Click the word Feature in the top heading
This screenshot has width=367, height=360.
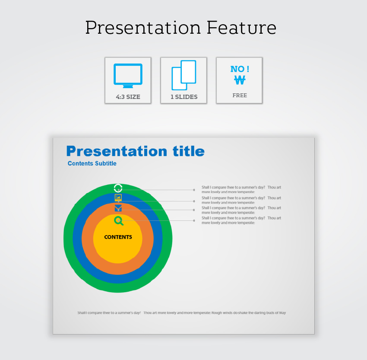241,28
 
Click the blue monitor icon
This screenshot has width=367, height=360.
128,76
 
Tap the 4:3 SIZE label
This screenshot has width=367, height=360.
128,97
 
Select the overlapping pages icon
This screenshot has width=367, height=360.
184,75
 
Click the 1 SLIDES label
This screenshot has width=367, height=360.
184,97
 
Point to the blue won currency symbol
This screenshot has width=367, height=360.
240,80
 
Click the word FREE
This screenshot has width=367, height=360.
240,96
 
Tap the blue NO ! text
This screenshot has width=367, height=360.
240,69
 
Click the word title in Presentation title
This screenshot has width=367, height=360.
189,151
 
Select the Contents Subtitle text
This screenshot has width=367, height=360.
92,163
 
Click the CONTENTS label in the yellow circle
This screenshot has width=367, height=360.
118,237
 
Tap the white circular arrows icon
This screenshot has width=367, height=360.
118,188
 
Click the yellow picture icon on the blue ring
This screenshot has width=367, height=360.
118,198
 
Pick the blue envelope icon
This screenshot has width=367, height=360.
118,208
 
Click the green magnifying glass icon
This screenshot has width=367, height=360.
119,221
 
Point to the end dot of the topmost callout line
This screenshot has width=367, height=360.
194,190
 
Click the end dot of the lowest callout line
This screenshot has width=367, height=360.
194,221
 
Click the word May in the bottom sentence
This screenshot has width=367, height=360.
282,313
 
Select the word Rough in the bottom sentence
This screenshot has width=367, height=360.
217,313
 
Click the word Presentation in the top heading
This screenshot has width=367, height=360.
143,28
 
